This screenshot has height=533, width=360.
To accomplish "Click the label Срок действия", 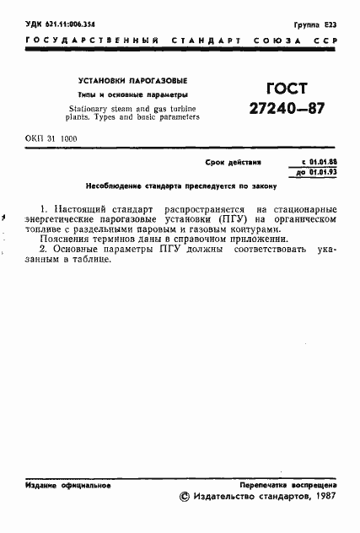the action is [x=233, y=160].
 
